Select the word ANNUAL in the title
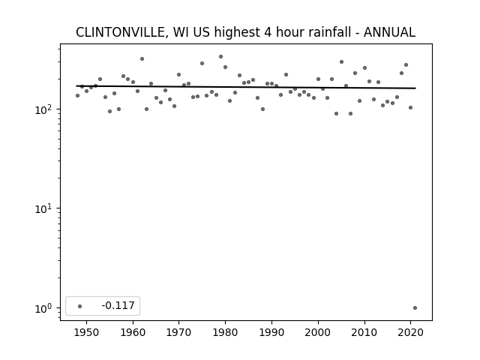(x=389, y=32)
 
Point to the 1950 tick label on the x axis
(x=87, y=332)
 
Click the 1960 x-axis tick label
(x=133, y=332)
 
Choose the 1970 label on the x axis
(x=178, y=332)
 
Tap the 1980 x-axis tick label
(x=225, y=332)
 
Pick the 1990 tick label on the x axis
(x=271, y=332)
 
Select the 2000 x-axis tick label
(x=318, y=332)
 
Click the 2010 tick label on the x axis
(x=364, y=332)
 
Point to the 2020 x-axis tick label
(x=410, y=332)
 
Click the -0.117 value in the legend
(x=118, y=305)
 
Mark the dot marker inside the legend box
(x=79, y=306)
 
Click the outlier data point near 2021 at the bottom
(x=415, y=308)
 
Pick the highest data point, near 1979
(x=220, y=57)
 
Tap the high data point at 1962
(x=142, y=58)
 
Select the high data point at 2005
(x=342, y=61)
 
